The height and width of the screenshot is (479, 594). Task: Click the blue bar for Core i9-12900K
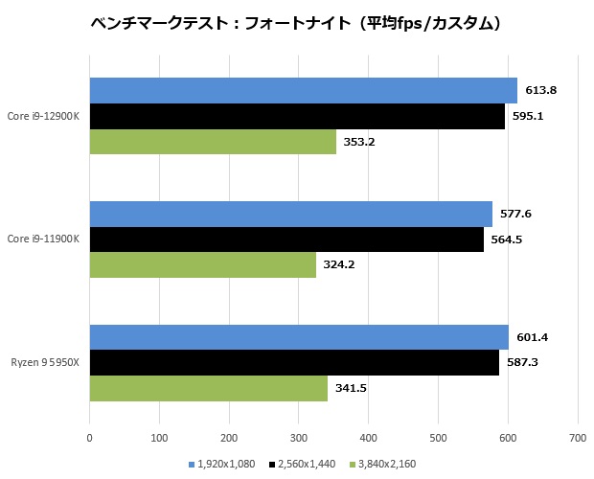pyautogui.click(x=303, y=91)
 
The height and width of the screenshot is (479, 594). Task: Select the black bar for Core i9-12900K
pyautogui.click(x=297, y=116)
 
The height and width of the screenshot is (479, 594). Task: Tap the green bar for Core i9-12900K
pyautogui.click(x=213, y=141)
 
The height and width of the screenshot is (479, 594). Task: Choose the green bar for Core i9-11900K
pyautogui.click(x=202, y=264)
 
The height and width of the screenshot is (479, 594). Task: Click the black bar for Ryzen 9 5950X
pyautogui.click(x=294, y=363)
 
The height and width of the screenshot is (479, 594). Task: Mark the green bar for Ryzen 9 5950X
pyautogui.click(x=208, y=388)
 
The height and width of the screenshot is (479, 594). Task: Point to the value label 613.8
pyautogui.click(x=541, y=90)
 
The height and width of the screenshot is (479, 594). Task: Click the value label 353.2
pyautogui.click(x=360, y=141)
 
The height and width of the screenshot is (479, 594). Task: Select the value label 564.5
pyautogui.click(x=508, y=239)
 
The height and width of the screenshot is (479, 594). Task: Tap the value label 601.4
pyautogui.click(x=533, y=337)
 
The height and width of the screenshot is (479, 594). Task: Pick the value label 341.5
pyautogui.click(x=352, y=388)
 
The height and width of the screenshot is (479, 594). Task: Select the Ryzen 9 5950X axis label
pyautogui.click(x=46, y=362)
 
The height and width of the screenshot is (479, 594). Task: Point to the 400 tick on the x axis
pyautogui.click(x=368, y=439)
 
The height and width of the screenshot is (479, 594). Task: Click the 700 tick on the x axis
pyautogui.click(x=577, y=439)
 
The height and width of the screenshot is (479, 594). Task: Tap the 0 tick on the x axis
pyautogui.click(x=89, y=439)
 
